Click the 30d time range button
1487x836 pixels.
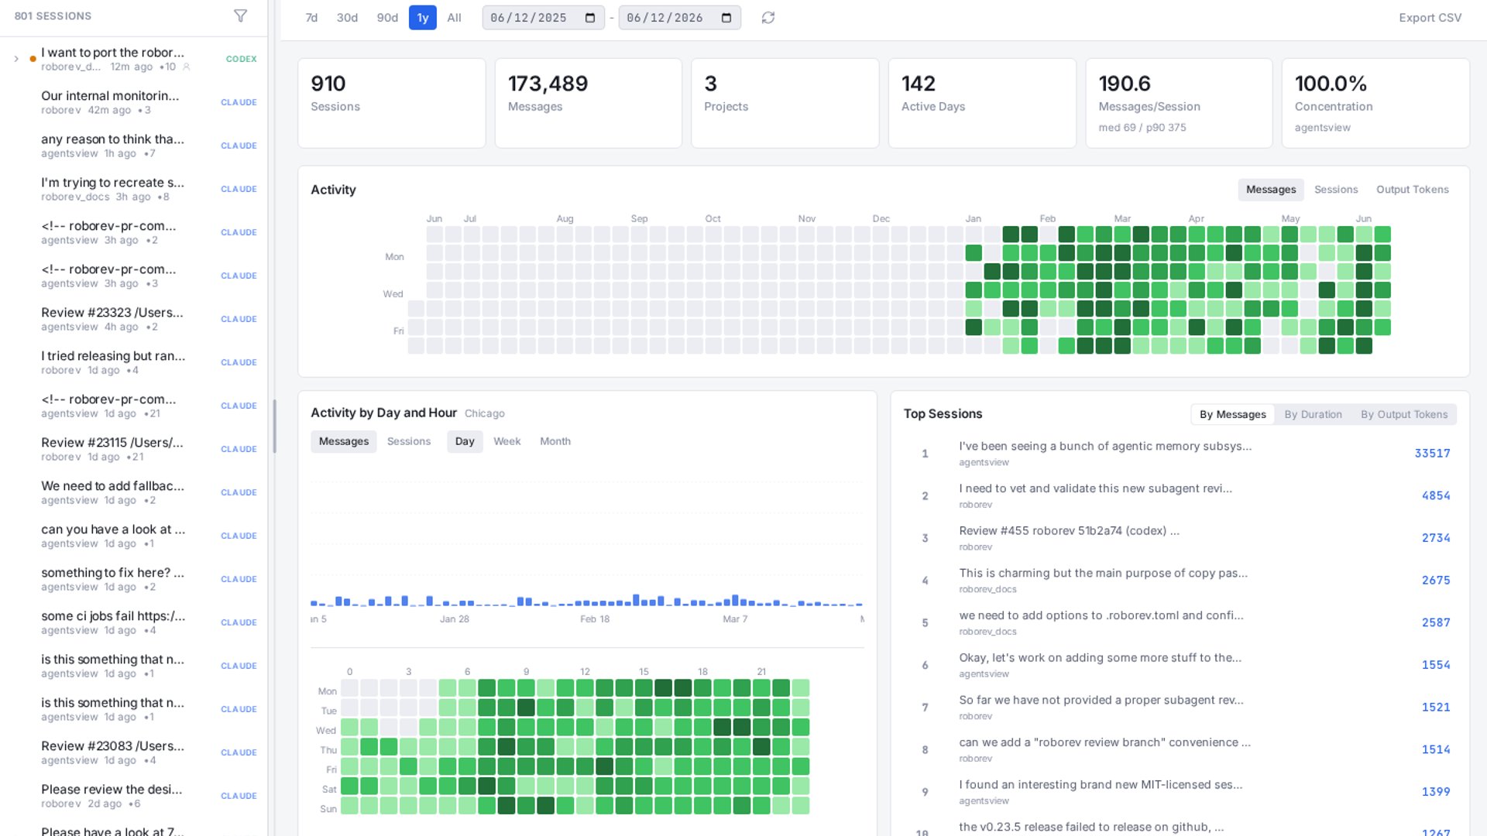(347, 18)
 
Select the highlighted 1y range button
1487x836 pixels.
(423, 18)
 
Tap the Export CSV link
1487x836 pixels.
(1430, 18)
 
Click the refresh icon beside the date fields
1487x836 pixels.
(768, 18)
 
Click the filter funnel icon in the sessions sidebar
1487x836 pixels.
(241, 16)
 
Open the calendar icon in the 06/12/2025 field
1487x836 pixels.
(590, 18)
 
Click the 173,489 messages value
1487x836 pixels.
(548, 84)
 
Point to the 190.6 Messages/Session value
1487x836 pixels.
(1125, 84)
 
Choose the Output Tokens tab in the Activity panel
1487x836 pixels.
(1412, 190)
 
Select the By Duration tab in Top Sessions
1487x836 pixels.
(1313, 415)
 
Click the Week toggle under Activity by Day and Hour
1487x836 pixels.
(507, 441)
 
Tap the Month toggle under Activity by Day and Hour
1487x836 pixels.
(555, 441)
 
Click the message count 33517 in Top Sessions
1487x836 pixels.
(1432, 454)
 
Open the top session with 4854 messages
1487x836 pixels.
(1095, 488)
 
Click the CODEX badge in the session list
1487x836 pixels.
(241, 59)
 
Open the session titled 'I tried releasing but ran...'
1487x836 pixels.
(113, 356)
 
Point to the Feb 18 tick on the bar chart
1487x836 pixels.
(595, 619)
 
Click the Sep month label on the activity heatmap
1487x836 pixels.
(639, 219)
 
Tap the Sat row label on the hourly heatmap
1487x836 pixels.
(329, 790)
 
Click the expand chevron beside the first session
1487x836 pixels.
(16, 59)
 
